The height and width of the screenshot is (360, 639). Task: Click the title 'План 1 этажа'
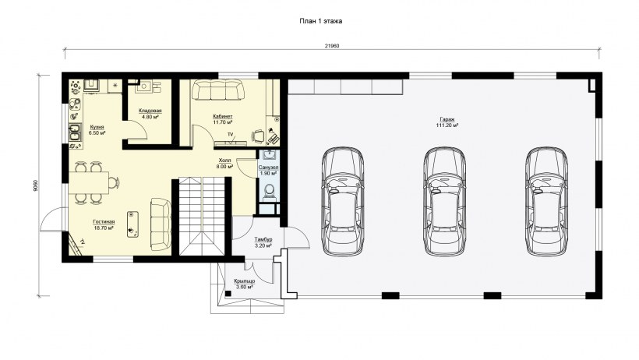321,21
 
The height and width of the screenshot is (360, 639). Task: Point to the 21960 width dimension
332,46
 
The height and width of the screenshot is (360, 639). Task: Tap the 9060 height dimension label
37,185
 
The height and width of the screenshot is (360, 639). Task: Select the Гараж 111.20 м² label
447,122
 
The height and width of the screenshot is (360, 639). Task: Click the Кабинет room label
223,116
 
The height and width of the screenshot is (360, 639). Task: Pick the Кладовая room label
150,111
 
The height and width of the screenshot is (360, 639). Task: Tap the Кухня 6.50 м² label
97,130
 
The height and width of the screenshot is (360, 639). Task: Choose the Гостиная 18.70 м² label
104,225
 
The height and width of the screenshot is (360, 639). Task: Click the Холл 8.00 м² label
224,164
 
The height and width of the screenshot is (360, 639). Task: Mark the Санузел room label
268,168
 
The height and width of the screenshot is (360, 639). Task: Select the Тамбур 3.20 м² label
263,242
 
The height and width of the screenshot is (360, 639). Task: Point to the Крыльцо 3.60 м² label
245,284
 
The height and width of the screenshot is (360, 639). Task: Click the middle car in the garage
444,201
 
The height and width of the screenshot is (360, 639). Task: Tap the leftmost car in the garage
343,201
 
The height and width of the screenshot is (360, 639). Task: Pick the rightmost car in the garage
546,201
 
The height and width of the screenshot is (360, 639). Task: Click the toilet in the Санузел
269,192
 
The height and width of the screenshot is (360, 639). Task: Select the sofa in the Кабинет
217,90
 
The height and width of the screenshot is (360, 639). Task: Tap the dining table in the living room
88,182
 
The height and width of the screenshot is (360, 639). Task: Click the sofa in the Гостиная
161,224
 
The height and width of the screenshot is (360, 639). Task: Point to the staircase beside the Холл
202,217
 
